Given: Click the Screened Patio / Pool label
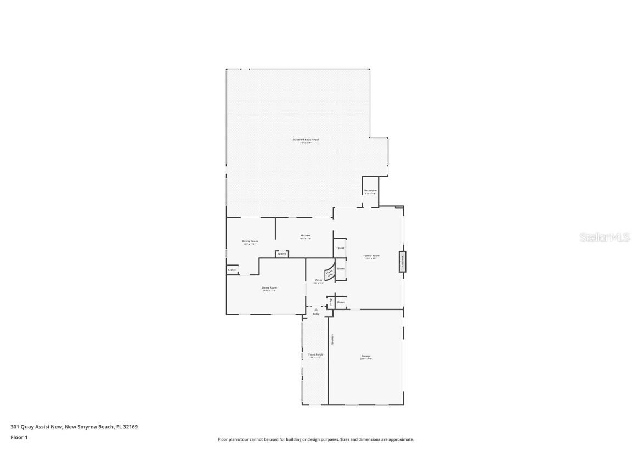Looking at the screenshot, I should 305,140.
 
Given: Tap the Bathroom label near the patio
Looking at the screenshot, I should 370,191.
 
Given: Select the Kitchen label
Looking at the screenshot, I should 305,236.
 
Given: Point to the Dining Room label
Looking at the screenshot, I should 250,241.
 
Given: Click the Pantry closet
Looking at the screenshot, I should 281,254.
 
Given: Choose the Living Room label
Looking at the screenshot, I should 269,288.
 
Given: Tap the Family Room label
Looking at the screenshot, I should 371,256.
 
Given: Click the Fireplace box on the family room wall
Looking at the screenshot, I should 402,261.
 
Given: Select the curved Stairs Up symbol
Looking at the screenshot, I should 329,272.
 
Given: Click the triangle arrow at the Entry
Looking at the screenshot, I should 316,309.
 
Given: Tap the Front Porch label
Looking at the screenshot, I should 315,355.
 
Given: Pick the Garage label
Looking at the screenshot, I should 366,357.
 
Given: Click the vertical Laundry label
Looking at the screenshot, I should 332,340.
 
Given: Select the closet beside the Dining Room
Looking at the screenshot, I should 232,270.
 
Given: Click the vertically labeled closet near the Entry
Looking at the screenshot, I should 330,302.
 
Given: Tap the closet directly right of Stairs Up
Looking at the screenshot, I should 341,269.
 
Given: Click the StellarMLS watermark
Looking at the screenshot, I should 606,237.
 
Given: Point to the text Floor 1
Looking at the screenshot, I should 19,437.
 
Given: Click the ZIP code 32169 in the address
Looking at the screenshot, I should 130,426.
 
